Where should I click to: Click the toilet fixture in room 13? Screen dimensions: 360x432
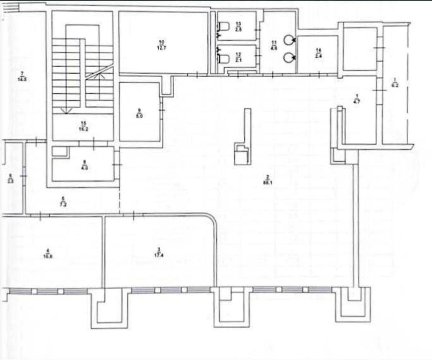(x=224, y=26)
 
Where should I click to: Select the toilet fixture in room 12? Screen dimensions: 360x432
(x=224, y=58)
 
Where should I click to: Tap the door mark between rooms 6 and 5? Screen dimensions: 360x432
(x=24, y=176)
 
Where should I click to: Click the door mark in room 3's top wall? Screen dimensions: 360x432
(x=134, y=215)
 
